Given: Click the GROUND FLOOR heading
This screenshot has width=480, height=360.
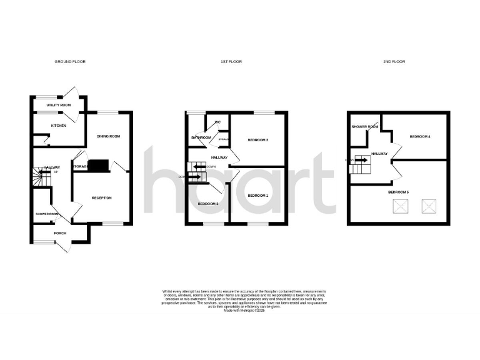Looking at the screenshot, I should pyautogui.click(x=70, y=62).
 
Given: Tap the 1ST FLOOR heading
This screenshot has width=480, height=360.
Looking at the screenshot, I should pyautogui.click(x=231, y=62).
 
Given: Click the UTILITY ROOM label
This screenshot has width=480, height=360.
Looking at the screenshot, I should pyautogui.click(x=58, y=105).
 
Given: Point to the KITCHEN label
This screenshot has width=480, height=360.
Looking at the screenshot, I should pyautogui.click(x=59, y=126).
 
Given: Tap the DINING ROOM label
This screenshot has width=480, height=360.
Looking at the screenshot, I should pyautogui.click(x=107, y=136).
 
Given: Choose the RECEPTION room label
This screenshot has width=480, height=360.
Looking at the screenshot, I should pyautogui.click(x=101, y=198).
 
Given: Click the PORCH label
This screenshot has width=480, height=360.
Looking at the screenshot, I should pyautogui.click(x=60, y=233).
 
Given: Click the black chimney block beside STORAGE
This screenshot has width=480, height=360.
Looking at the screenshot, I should pyautogui.click(x=98, y=166).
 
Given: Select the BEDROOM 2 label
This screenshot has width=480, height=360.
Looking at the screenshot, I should pyautogui.click(x=258, y=139).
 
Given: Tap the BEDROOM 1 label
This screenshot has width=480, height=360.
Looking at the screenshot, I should pyautogui.click(x=257, y=196).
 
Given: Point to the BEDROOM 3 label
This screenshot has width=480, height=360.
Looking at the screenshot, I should pyautogui.click(x=208, y=204).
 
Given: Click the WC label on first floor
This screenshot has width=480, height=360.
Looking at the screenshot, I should pyautogui.click(x=218, y=122).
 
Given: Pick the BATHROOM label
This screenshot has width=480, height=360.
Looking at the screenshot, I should pyautogui.click(x=201, y=137).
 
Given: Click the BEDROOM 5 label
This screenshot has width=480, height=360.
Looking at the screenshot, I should pyautogui.click(x=398, y=192).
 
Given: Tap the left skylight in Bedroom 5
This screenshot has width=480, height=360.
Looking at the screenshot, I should pyautogui.click(x=397, y=206).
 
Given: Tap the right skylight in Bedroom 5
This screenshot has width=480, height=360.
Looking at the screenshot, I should pyautogui.click(x=428, y=206).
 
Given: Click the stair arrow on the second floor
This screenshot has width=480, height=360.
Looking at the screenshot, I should pyautogui.click(x=361, y=159).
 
